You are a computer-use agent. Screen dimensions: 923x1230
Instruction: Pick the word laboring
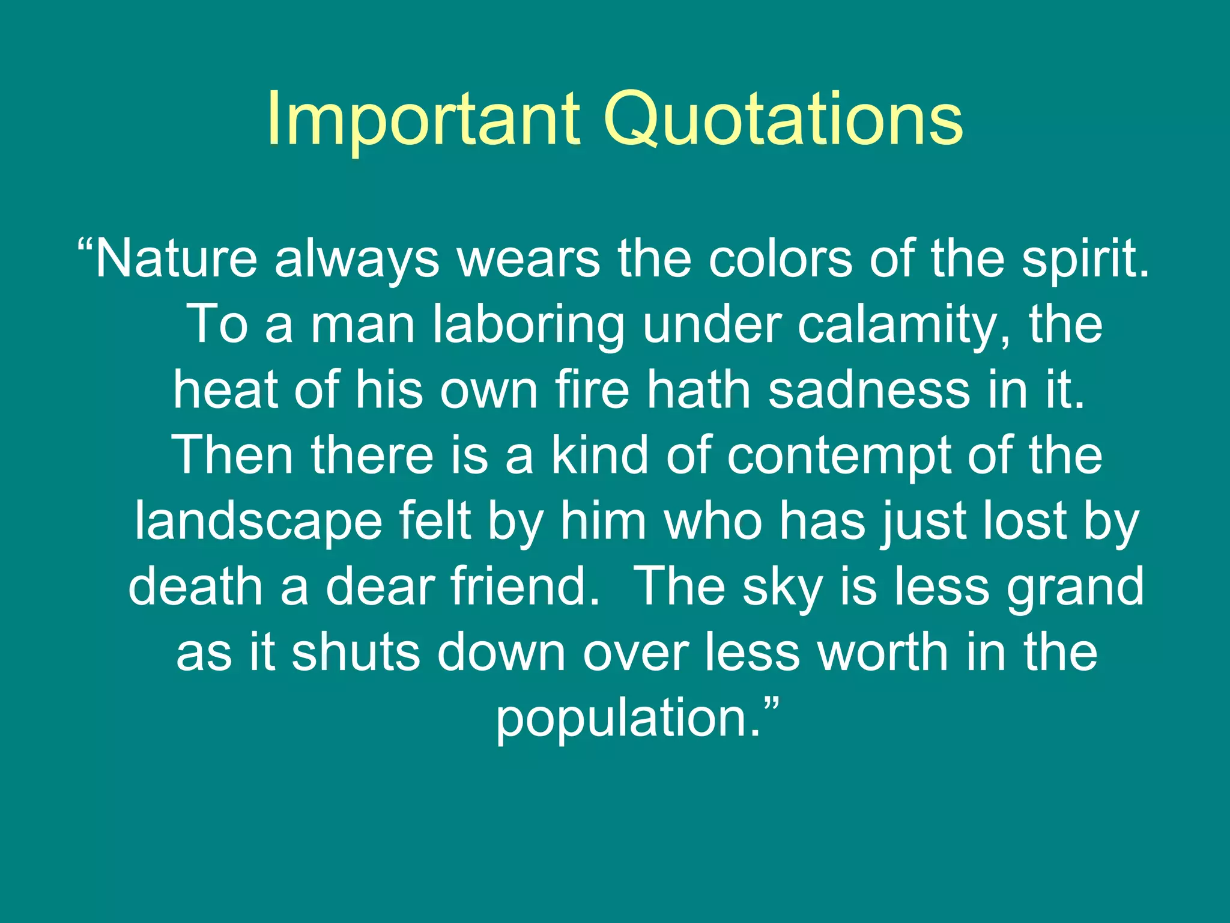(528, 325)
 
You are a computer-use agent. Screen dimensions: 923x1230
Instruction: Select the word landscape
(258, 521)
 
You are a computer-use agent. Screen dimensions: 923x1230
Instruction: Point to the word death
(195, 586)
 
